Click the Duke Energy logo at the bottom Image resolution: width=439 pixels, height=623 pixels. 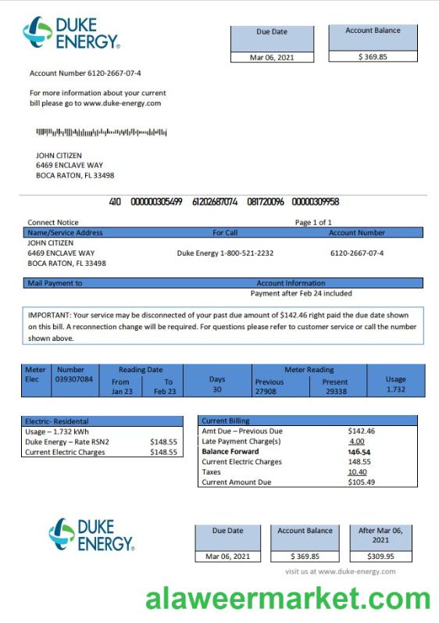[91, 535]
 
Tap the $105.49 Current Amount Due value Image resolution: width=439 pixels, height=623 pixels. [361, 482]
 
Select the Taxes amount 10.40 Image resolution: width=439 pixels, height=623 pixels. [358, 472]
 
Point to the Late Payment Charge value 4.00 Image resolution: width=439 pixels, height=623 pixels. [357, 442]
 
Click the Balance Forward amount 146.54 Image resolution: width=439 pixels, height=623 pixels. [359, 452]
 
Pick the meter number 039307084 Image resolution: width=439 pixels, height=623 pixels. [74, 379]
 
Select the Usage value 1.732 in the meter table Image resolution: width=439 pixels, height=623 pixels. [395, 389]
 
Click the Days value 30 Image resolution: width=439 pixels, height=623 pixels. [217, 389]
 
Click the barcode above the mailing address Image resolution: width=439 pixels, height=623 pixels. [102, 132]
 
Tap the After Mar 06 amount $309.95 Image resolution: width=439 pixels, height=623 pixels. [380, 557]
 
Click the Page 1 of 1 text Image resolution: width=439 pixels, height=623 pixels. [313, 223]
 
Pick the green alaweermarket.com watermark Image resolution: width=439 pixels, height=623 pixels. [287, 600]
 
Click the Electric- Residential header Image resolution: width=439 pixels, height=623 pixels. [56, 421]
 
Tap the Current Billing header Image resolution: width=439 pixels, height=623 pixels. [226, 421]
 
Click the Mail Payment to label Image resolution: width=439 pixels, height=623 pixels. [55, 283]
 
